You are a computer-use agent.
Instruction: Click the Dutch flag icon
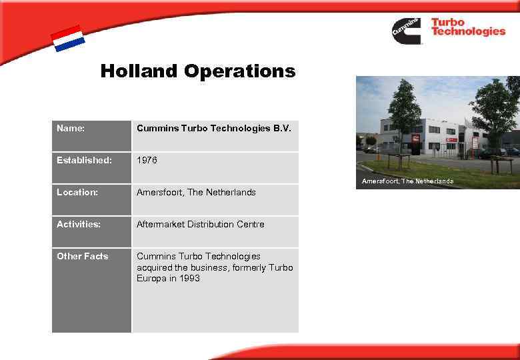pyautogui.click(x=68, y=39)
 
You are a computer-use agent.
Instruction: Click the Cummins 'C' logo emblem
pyautogui.click(x=406, y=31)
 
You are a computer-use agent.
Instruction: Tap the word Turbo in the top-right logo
pyautogui.click(x=447, y=22)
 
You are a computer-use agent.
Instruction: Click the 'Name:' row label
pyautogui.click(x=71, y=128)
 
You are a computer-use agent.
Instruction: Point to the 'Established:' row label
pyautogui.click(x=84, y=160)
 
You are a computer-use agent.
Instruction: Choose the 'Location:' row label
pyautogui.click(x=77, y=192)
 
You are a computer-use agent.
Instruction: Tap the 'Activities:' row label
pyautogui.click(x=79, y=224)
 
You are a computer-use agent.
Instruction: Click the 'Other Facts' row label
pyautogui.click(x=83, y=256)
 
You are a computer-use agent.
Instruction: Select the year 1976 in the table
pyautogui.click(x=147, y=160)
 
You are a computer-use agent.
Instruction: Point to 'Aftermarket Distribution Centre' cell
pyautogui.click(x=200, y=224)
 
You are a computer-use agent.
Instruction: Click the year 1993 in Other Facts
pyautogui.click(x=189, y=278)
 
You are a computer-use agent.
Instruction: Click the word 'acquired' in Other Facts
pyautogui.click(x=155, y=267)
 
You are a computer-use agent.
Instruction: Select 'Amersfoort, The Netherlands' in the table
pyautogui.click(x=196, y=192)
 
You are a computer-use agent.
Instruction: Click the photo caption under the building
pyautogui.click(x=407, y=181)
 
